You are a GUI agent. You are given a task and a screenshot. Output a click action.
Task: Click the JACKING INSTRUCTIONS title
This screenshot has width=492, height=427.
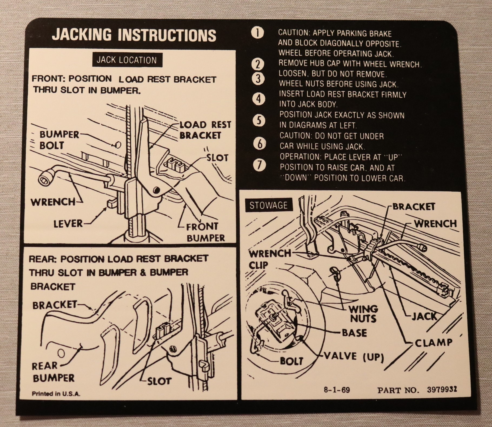tap(134, 35)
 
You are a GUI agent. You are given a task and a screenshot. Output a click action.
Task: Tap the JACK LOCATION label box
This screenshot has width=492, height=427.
tap(127, 60)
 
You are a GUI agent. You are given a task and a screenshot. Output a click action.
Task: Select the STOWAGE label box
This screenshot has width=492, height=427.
tap(268, 205)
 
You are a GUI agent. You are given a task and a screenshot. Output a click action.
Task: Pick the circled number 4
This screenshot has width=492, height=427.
tap(259, 99)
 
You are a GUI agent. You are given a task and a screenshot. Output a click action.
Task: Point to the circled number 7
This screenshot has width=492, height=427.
tap(260, 165)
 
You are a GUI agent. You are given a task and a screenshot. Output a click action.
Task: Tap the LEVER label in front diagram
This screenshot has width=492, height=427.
tap(68, 224)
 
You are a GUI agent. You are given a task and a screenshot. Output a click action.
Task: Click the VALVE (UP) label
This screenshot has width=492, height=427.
tap(354, 357)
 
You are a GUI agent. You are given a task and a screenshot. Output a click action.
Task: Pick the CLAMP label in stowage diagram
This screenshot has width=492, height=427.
tap(433, 343)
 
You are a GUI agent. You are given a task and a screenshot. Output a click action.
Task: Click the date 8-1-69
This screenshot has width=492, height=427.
tap(337, 390)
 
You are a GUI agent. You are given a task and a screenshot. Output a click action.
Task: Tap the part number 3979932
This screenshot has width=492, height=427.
tap(442, 390)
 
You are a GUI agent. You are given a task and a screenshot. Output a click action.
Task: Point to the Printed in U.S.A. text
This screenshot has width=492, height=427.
tap(56, 394)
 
